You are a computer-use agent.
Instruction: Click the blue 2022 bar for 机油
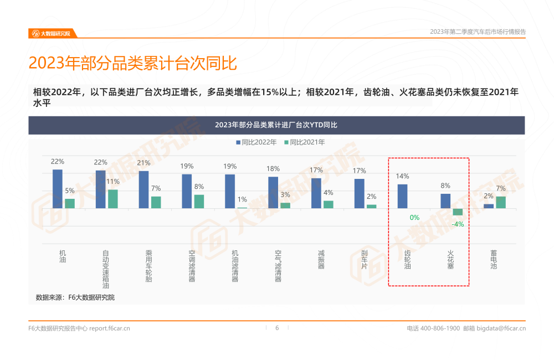tap(58, 189)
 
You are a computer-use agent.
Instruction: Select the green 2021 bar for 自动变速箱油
tap(113, 199)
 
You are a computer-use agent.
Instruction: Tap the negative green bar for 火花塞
tap(458, 212)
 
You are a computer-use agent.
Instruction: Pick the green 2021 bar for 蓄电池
tap(501, 202)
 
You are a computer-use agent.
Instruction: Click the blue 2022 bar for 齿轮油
tap(403, 196)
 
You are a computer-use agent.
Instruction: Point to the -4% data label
tap(458, 224)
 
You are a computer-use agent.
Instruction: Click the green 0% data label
tap(414, 218)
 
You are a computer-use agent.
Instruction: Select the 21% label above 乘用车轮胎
tap(143, 163)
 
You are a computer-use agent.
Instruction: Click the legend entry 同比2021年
tap(304, 142)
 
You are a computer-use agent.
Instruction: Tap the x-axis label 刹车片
tap(365, 259)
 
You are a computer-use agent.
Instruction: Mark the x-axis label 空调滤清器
tap(192, 266)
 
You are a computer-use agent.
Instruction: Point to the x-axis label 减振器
tap(321, 259)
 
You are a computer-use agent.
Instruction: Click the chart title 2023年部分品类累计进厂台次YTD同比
tap(276, 125)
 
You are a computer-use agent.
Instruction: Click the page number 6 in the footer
tap(277, 328)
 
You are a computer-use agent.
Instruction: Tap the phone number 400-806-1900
tap(440, 328)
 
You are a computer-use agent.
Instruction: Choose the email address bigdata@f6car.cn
tap(501, 328)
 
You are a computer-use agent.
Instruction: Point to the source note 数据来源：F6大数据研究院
tap(75, 297)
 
